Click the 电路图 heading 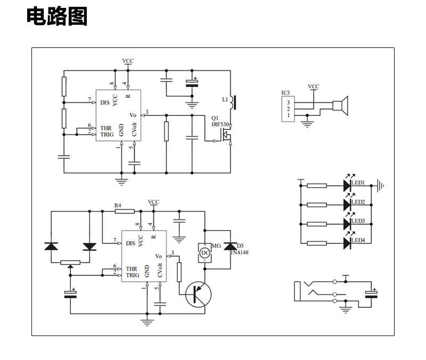pos(57,17)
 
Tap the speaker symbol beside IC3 pos(340,105)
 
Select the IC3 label pos(285,93)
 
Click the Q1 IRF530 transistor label pos(220,121)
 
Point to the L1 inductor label pos(225,100)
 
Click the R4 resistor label pos(118,206)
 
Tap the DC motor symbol pos(205,253)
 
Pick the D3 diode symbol pos(231,247)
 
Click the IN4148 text pos(239,252)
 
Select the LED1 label pos(358,183)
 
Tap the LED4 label pos(358,240)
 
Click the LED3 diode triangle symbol pos(347,224)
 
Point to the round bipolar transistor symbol pos(198,294)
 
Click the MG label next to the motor pos(216,246)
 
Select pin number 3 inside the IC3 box pos(288,102)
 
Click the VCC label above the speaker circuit pos(314,86)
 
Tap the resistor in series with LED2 pos(317,205)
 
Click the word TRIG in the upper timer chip pos(107,135)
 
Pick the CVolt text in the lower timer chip pos(160,271)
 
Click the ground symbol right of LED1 pos(380,186)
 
